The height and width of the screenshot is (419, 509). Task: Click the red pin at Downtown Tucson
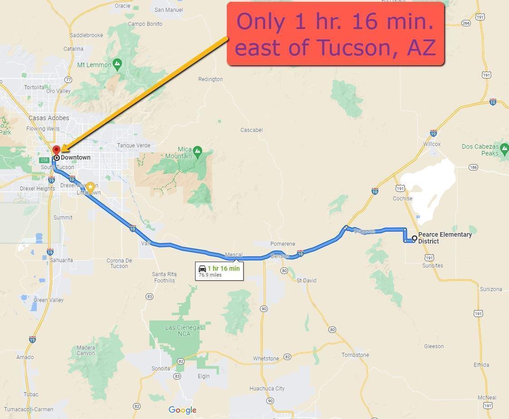(57, 150)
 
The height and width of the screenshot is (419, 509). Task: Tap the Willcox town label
(432, 144)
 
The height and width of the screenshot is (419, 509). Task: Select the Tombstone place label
(355, 355)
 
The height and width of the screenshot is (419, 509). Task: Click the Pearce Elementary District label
(445, 238)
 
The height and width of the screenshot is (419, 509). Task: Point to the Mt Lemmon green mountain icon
(117, 64)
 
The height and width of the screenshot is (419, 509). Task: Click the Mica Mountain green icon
(197, 150)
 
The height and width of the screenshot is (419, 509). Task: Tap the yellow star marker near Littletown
(90, 187)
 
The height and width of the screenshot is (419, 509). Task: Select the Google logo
(182, 410)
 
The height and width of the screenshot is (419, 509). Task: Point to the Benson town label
(279, 256)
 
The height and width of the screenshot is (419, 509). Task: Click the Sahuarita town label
(61, 260)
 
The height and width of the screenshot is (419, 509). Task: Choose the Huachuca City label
(267, 388)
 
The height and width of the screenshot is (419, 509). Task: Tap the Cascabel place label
(251, 130)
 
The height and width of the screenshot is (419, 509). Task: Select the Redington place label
(210, 79)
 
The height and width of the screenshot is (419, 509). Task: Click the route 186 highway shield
(473, 167)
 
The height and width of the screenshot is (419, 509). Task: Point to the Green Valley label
(49, 300)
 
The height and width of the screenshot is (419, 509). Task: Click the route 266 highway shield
(466, 23)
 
